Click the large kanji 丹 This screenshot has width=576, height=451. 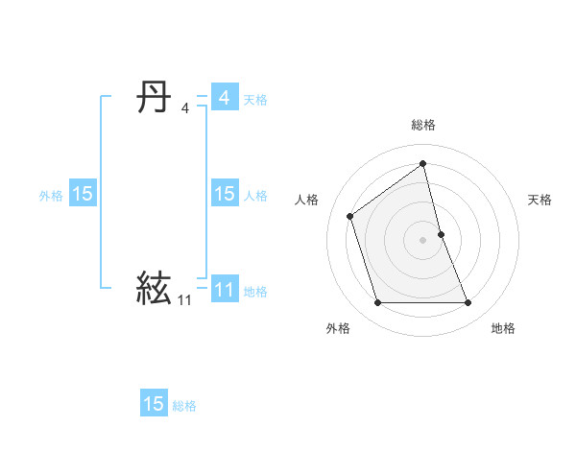tap(154, 97)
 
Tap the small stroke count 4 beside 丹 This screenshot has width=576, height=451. tap(184, 107)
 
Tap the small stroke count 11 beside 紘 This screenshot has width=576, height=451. tap(184, 299)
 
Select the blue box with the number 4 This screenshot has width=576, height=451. tap(224, 98)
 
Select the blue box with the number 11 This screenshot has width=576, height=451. tap(224, 289)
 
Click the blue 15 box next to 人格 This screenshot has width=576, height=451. tap(224, 194)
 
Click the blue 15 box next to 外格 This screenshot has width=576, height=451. tap(83, 194)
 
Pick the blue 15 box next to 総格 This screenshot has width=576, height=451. tap(154, 403)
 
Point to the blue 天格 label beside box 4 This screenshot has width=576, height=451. tap(255, 99)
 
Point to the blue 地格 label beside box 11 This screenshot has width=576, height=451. tap(255, 291)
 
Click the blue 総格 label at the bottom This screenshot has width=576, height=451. tap(184, 406)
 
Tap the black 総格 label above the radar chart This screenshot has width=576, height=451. tap(422, 126)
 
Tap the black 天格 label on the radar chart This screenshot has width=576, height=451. tap(540, 200)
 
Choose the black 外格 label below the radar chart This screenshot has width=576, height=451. tap(338, 328)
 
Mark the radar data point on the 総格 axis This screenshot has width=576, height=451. tap(422, 163)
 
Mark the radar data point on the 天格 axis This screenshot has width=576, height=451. tap(441, 233)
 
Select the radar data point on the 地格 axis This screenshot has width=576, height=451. tap(468, 303)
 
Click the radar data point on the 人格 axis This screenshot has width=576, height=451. tap(350, 216)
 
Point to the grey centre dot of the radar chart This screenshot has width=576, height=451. tap(422, 239)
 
